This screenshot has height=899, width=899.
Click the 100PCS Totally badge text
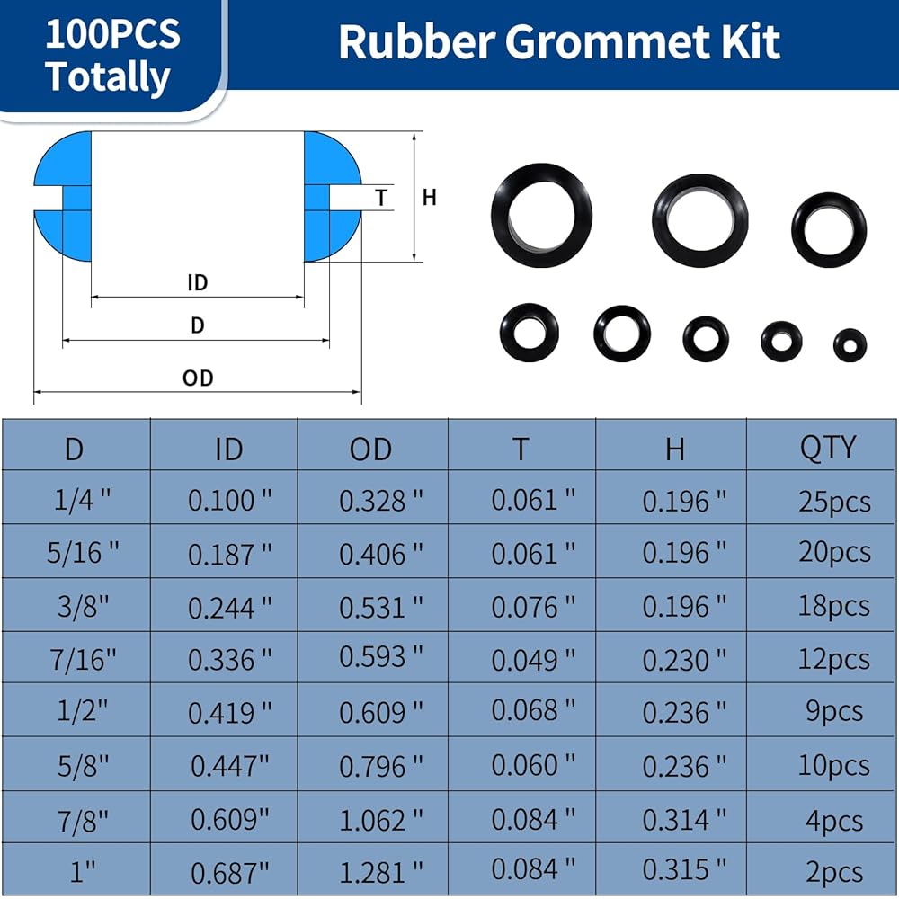112,55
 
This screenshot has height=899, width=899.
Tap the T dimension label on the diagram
381,198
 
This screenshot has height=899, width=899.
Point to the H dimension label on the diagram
430,197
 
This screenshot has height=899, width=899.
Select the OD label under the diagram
198,378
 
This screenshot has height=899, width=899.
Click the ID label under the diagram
197,282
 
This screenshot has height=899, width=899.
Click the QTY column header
827,448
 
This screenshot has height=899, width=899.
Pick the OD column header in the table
370,449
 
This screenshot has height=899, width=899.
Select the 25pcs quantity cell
834,502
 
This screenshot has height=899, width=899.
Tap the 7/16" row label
83,660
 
